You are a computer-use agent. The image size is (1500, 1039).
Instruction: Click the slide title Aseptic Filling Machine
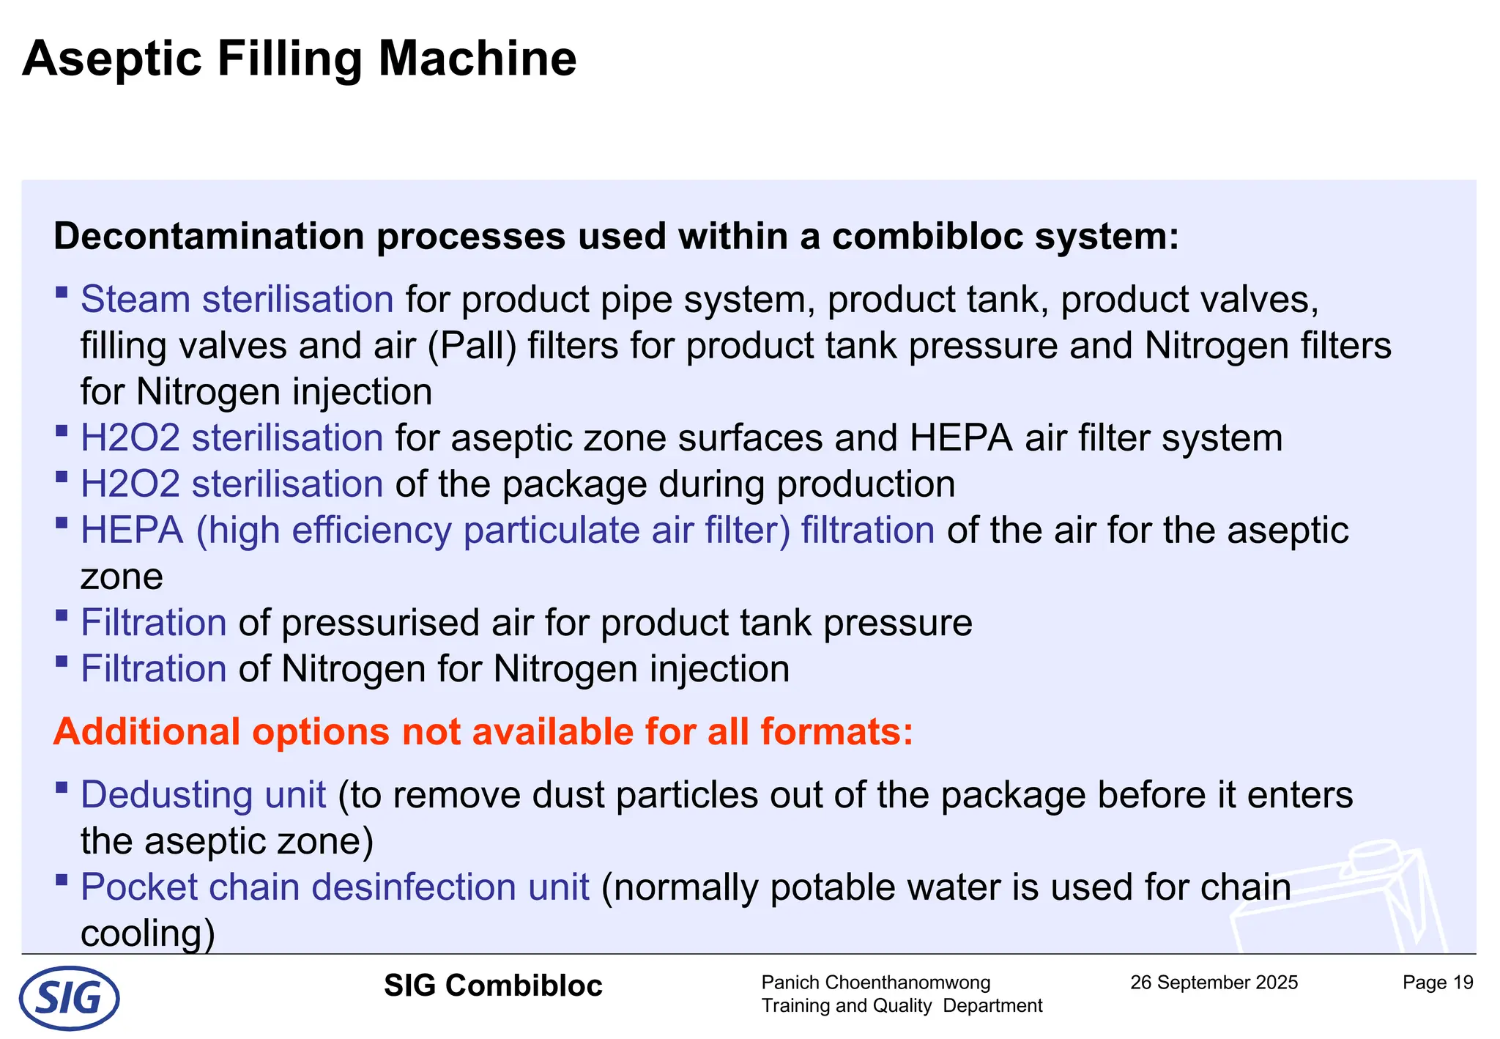(x=300, y=59)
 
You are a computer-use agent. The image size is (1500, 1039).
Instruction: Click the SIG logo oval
(x=69, y=997)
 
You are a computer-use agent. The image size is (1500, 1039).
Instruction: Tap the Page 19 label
(x=1437, y=983)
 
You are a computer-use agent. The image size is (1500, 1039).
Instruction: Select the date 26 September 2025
(x=1214, y=983)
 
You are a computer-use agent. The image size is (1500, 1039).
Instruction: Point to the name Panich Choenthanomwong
(x=875, y=983)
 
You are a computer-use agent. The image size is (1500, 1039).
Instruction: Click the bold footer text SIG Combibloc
(x=493, y=986)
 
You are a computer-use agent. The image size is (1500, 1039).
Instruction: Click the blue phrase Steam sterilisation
(x=237, y=299)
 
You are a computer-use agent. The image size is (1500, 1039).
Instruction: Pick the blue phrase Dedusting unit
(x=203, y=794)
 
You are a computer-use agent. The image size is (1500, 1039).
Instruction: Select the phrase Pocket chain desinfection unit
(x=335, y=887)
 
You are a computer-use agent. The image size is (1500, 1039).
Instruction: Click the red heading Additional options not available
(x=483, y=731)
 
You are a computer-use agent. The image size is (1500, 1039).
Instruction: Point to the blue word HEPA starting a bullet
(x=132, y=530)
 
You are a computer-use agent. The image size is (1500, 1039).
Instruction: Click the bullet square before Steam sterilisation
(x=62, y=292)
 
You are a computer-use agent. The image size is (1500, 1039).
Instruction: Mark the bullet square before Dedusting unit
(x=62, y=788)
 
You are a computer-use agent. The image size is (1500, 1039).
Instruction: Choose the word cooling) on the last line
(x=147, y=933)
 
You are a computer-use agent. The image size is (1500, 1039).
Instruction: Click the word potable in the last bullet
(x=836, y=887)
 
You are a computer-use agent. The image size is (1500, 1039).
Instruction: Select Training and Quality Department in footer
(x=902, y=1005)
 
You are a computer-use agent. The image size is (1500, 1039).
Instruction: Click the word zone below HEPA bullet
(x=122, y=577)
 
